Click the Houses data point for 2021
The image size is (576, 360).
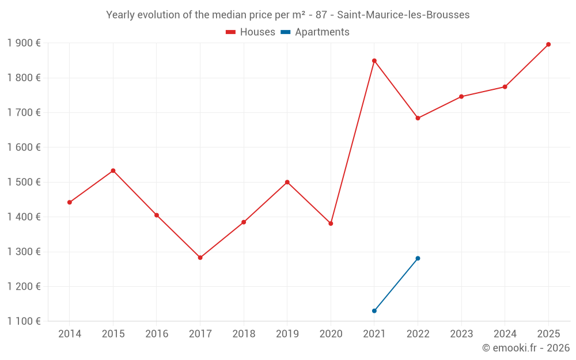(x=374, y=60)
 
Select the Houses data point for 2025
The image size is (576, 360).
(x=548, y=44)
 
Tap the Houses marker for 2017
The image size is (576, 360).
(x=200, y=257)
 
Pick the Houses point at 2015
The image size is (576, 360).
(x=113, y=170)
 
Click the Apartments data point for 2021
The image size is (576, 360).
(x=374, y=310)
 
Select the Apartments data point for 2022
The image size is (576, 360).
(x=418, y=258)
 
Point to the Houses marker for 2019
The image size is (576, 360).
(x=287, y=182)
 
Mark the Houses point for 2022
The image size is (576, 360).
(x=418, y=118)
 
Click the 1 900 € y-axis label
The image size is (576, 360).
(x=24, y=43)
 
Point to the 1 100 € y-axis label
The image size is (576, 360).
(x=24, y=321)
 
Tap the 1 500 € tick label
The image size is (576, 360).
(x=24, y=182)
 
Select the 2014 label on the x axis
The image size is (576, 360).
(x=70, y=334)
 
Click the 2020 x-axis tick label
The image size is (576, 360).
(x=331, y=334)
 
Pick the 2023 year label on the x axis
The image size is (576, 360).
(x=461, y=334)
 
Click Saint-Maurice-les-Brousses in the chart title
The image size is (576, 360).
(x=399, y=15)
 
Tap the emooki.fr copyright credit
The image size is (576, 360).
(x=525, y=348)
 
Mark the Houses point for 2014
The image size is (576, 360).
(x=70, y=202)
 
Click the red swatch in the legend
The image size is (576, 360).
(x=230, y=32)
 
